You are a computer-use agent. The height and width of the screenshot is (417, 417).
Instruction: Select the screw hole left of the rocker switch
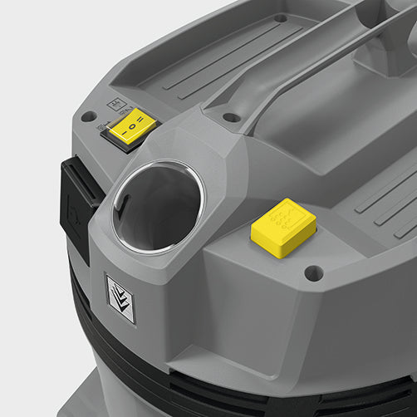[x=88, y=116]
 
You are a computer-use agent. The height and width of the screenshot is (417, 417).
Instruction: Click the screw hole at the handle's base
[x=232, y=117]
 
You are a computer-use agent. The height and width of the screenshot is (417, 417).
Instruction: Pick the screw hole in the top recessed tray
[x=281, y=17]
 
